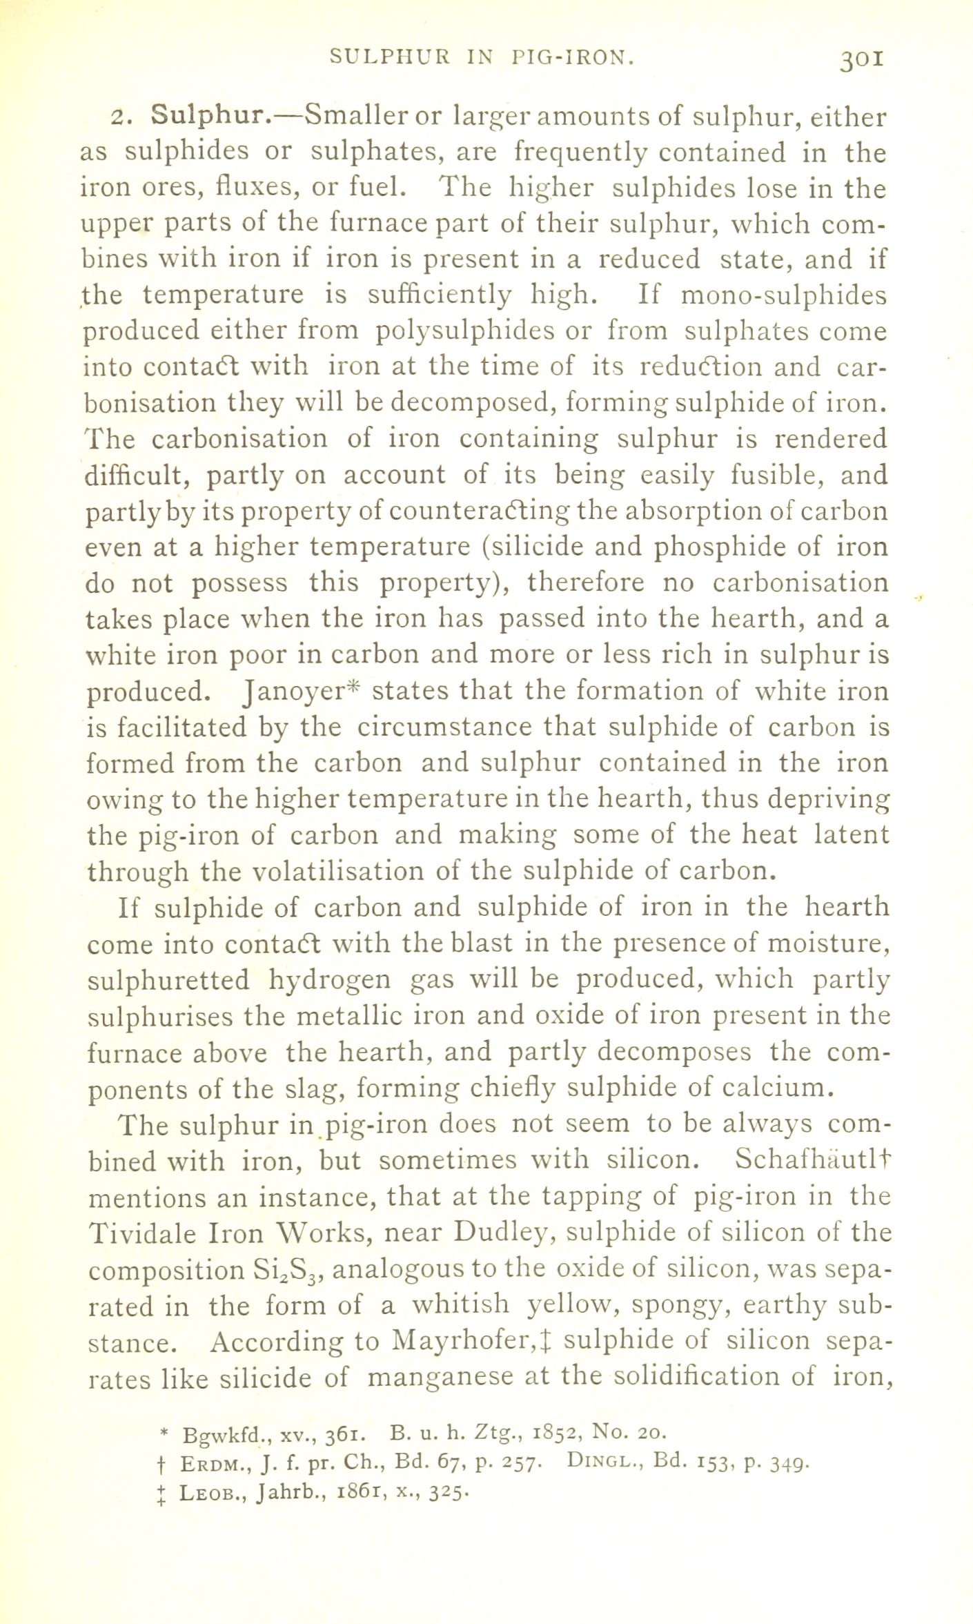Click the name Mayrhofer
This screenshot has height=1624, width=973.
pos(464,1340)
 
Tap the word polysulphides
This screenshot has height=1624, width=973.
pos(465,331)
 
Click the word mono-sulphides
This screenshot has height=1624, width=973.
pos(784,295)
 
